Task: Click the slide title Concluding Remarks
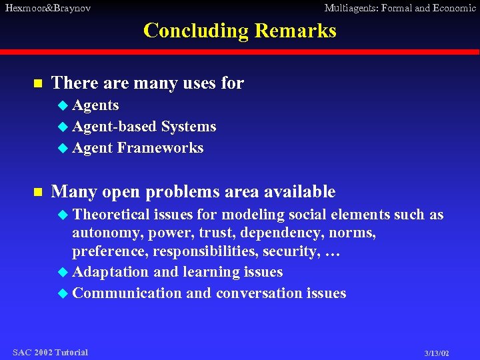[x=240, y=31]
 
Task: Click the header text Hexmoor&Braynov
[x=47, y=8]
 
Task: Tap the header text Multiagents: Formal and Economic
[x=399, y=8]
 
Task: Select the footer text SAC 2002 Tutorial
[x=50, y=352]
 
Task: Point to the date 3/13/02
[x=437, y=353]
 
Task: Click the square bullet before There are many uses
[x=38, y=84]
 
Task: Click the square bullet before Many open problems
[x=38, y=193]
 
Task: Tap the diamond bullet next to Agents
[x=63, y=105]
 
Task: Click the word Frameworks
[x=160, y=148]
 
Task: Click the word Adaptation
[x=111, y=272]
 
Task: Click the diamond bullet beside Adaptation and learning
[x=63, y=272]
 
